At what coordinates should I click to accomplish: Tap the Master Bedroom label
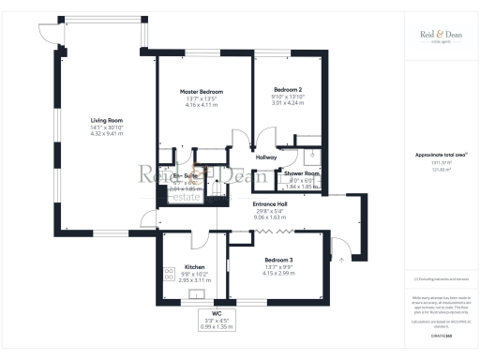[202, 91]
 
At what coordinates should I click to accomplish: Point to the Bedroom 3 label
[279, 259]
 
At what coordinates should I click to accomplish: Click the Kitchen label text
[194, 267]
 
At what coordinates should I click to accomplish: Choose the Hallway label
[265, 157]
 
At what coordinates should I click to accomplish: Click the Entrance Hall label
[270, 204]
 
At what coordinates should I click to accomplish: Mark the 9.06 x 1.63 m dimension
[270, 218]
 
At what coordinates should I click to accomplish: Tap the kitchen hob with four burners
[170, 275]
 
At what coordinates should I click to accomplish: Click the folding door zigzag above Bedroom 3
[278, 231]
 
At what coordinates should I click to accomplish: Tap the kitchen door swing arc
[199, 242]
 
